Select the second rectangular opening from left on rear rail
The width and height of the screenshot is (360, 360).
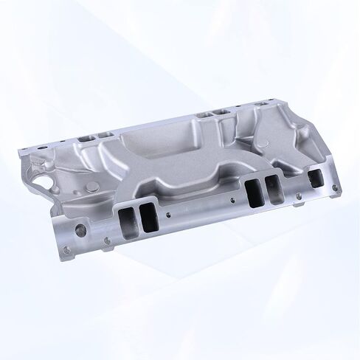106,136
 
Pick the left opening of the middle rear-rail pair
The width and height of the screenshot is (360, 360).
206,115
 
